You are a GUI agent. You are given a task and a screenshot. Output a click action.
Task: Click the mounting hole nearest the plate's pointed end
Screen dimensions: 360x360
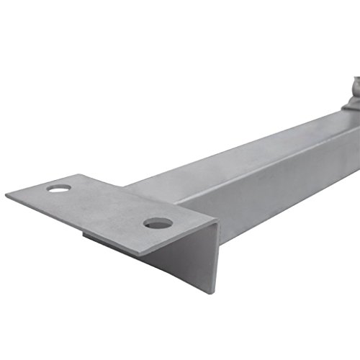click(x=59, y=188)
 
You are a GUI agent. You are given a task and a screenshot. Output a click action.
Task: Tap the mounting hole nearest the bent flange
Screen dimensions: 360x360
click(x=158, y=223)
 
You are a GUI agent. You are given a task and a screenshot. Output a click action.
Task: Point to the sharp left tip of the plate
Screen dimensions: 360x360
click(x=6, y=195)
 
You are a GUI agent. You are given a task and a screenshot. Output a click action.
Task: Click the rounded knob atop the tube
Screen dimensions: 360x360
click(x=354, y=90)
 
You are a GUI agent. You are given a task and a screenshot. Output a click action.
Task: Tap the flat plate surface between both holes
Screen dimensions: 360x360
click(x=108, y=205)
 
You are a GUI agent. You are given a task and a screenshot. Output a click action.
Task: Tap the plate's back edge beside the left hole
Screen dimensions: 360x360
click(x=79, y=180)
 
